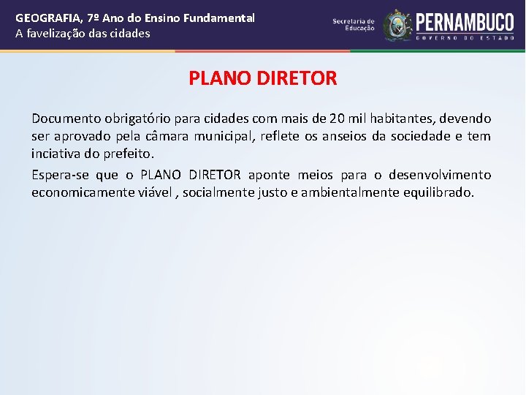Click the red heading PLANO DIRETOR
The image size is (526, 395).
pyautogui.click(x=263, y=78)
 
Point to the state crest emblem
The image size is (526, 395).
pyautogui.click(x=397, y=25)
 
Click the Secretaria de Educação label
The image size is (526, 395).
pyautogui.click(x=354, y=25)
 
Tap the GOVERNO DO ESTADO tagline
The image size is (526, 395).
pyautogui.click(x=463, y=37)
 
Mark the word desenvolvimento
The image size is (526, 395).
pyautogui.click(x=440, y=176)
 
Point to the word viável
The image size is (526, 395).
pyautogui.click(x=154, y=193)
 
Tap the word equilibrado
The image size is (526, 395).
pyautogui.click(x=438, y=193)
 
